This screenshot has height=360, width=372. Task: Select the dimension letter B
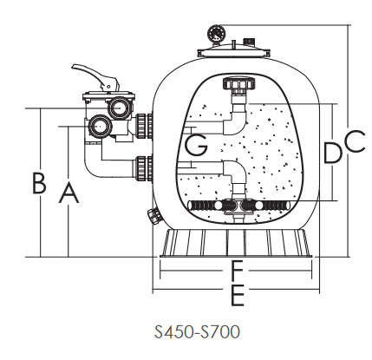(39, 183)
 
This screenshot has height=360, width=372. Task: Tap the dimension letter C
(355, 141)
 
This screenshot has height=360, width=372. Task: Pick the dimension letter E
(238, 295)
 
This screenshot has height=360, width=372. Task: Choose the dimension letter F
(238, 271)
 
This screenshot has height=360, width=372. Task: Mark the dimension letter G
(196, 145)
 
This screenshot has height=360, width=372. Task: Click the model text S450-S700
(197, 331)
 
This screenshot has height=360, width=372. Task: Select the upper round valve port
(118, 108)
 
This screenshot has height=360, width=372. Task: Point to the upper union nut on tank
(144, 126)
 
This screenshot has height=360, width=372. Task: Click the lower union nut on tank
(144, 169)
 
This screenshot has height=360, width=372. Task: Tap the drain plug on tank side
(155, 216)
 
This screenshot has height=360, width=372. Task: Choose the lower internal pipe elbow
(235, 173)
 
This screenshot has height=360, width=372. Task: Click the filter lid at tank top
(233, 52)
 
